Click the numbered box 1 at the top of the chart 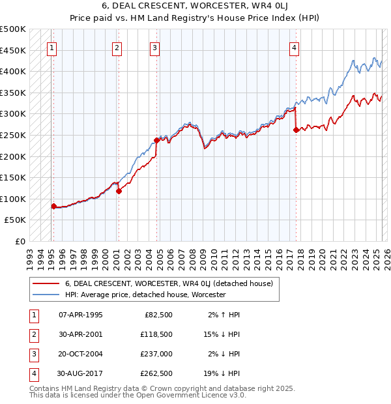point(51,47)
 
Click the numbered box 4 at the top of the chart point(295,47)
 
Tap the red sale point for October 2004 point(156,140)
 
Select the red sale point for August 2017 point(296,130)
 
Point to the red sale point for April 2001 point(119,191)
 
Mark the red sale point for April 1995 point(53,206)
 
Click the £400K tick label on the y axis point(13,72)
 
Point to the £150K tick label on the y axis point(13,178)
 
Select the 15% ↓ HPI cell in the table point(222,334)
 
